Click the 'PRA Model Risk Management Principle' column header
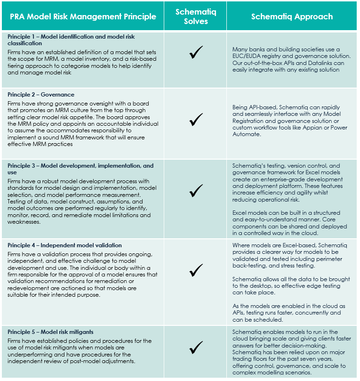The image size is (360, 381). [x=83, y=16]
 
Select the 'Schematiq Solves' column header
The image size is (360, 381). [x=196, y=16]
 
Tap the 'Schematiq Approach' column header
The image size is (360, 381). [x=292, y=16]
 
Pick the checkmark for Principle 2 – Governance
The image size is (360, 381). [x=196, y=120]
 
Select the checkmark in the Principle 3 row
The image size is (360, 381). [x=196, y=190]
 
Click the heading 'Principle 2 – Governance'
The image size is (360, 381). [x=41, y=95]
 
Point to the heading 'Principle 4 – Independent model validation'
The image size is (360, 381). [x=65, y=245]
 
